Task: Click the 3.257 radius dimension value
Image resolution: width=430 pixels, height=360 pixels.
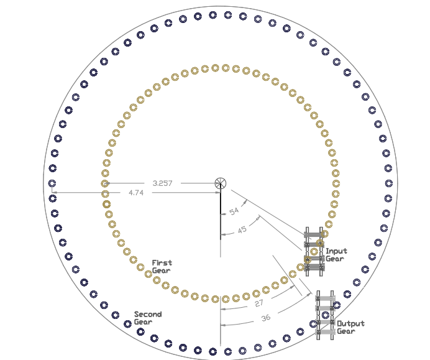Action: click(162, 183)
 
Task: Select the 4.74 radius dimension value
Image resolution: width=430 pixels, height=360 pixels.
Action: click(136, 193)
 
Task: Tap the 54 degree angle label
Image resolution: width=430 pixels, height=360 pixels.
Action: click(234, 211)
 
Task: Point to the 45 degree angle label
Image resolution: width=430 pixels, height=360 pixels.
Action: click(242, 229)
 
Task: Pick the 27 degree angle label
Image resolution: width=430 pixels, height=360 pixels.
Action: click(259, 303)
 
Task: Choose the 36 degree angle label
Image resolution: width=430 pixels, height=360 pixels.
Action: click(266, 318)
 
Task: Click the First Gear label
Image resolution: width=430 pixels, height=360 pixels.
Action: click(162, 267)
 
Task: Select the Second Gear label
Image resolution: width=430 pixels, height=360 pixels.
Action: click(148, 318)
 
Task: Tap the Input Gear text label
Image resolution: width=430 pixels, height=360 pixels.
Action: click(337, 255)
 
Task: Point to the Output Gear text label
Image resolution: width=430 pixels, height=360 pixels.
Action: click(350, 327)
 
